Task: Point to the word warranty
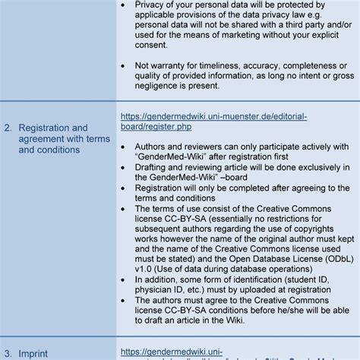coord(172,65)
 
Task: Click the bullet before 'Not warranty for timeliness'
coord(125,65)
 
